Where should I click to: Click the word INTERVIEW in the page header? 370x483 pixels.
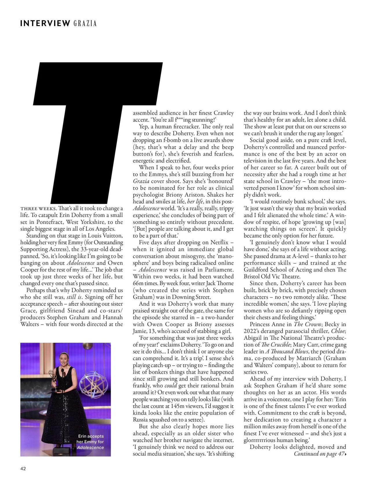click(x=45, y=23)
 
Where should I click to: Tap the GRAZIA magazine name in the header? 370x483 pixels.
click(x=85, y=23)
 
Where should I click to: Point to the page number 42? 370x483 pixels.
click(x=23, y=469)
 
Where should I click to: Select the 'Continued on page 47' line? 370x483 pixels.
click(x=320, y=454)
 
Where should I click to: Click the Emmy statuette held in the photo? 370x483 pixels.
click(x=52, y=376)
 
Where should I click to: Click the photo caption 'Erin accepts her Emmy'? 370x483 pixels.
click(x=90, y=442)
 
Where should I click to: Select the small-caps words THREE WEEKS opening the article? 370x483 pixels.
click(x=38, y=209)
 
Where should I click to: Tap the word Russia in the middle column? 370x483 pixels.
click(x=140, y=420)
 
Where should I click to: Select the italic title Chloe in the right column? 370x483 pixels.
click(x=338, y=331)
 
